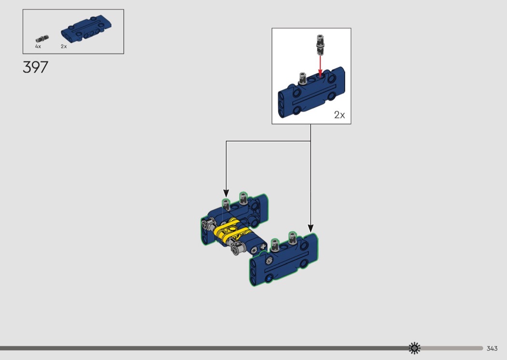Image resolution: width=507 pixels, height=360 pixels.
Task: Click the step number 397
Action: coord(35,67)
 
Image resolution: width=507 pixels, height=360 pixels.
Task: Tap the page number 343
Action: coord(492,348)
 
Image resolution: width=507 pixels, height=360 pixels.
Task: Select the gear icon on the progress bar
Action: coord(414,348)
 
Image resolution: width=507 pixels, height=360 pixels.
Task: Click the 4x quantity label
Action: coord(38,46)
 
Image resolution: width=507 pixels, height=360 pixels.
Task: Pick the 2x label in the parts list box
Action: coord(64,46)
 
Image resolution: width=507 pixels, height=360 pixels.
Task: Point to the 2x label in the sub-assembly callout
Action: coord(339,115)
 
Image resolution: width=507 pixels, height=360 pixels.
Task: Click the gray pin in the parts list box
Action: coord(42,39)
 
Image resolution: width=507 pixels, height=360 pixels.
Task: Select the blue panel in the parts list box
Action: coord(86,28)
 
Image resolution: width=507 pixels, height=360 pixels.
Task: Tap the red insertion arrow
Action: coord(320,66)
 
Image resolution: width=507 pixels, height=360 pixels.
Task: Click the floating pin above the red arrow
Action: coord(320,44)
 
